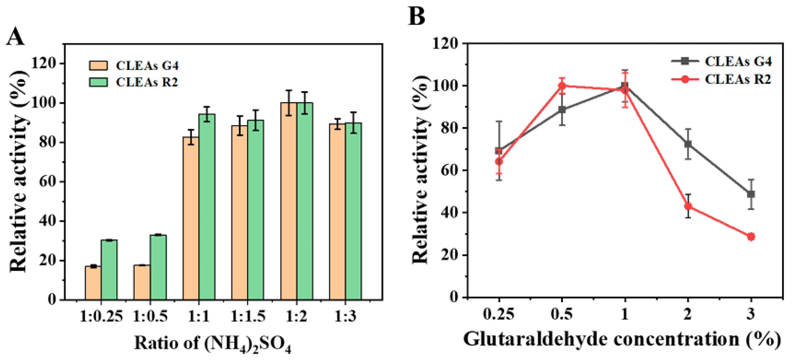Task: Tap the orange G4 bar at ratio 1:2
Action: pos(289,201)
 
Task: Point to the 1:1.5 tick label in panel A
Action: pos(248,316)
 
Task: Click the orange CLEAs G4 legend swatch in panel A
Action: pos(98,65)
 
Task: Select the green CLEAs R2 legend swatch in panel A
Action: pos(98,82)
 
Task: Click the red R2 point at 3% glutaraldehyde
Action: pos(751,237)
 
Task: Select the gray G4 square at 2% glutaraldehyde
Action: pos(688,144)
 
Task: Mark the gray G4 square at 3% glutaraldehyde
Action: pos(751,194)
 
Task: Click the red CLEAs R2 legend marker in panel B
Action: pos(685,79)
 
